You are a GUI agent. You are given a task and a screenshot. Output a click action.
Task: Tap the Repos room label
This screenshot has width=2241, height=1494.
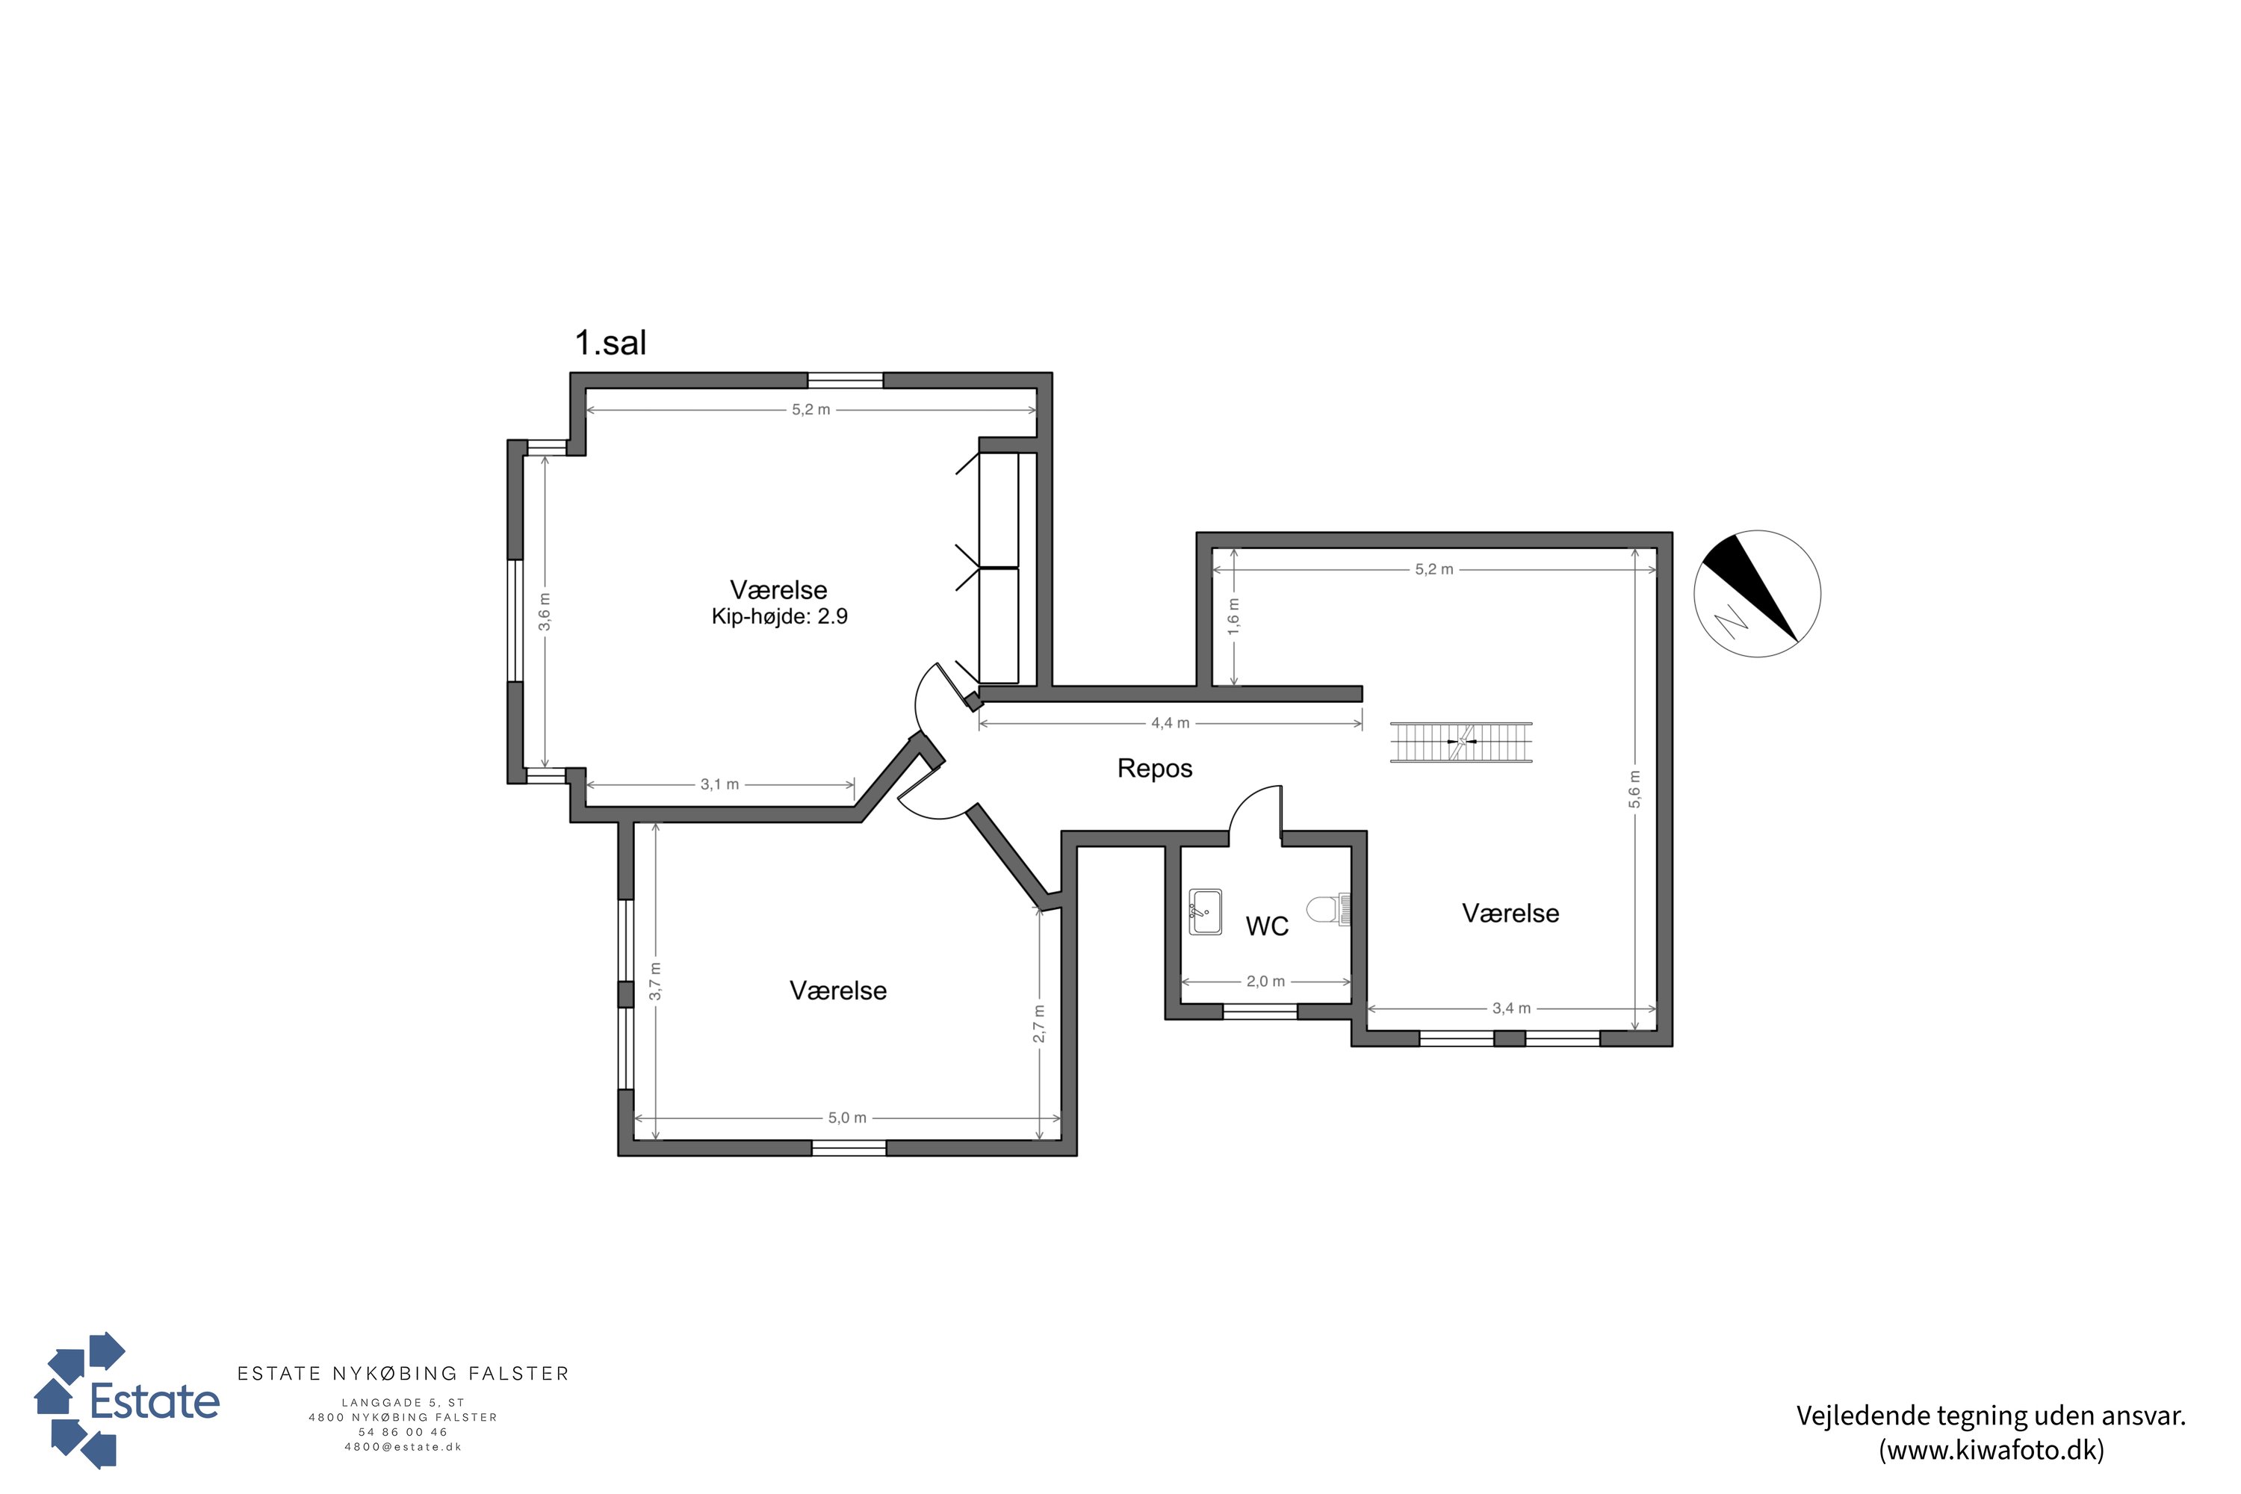pyautogui.click(x=1155, y=768)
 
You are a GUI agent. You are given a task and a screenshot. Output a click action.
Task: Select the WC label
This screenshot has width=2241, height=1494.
pyautogui.click(x=1267, y=926)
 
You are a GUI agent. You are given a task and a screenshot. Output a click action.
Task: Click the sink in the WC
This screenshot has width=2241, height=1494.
pyautogui.click(x=1206, y=912)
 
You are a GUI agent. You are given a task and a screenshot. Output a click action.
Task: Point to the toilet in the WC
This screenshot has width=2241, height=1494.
pyautogui.click(x=1328, y=909)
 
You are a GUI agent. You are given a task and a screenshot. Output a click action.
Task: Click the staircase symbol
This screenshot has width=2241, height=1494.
pyautogui.click(x=1460, y=743)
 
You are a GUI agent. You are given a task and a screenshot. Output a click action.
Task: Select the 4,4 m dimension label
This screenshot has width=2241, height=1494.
pyautogui.click(x=1170, y=723)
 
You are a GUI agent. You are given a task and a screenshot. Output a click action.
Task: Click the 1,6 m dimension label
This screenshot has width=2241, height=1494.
pyautogui.click(x=1234, y=616)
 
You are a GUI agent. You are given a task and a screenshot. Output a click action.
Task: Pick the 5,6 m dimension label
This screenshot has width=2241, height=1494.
pyautogui.click(x=1635, y=789)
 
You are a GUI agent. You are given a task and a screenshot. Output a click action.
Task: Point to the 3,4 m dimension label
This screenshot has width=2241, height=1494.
pyautogui.click(x=1511, y=1008)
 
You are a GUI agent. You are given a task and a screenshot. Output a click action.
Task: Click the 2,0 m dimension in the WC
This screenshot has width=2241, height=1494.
pyautogui.click(x=1265, y=982)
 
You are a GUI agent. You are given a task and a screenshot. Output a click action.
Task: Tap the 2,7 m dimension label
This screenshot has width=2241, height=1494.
pyautogui.click(x=1038, y=1023)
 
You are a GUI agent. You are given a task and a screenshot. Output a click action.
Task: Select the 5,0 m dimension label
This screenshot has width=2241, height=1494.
pyautogui.click(x=847, y=1118)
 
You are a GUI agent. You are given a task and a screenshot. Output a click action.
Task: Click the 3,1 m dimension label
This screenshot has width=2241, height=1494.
pyautogui.click(x=719, y=784)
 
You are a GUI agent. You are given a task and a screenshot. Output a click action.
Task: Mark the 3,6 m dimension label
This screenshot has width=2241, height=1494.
pyautogui.click(x=544, y=612)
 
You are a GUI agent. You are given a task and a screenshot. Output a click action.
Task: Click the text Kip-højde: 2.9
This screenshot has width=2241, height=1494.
pyautogui.click(x=779, y=616)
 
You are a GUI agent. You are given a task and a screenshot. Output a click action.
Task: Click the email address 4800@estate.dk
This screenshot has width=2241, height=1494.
pyautogui.click(x=403, y=1446)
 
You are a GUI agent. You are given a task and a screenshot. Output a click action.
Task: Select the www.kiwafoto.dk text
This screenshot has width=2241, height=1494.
pyautogui.click(x=1992, y=1450)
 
